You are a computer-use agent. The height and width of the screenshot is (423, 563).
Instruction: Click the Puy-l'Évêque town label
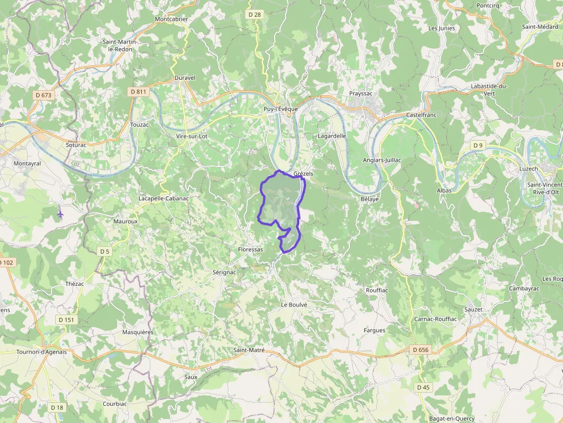281,109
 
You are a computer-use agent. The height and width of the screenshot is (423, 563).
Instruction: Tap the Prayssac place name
362,93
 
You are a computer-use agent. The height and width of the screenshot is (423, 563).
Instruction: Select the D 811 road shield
138,91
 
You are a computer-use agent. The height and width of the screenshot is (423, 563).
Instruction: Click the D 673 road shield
43,95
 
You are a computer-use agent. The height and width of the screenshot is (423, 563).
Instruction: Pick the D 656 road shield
421,350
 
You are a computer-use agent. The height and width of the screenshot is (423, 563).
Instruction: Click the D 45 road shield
423,387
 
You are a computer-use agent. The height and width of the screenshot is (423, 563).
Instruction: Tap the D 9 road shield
478,145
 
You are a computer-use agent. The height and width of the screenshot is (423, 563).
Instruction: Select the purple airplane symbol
61,214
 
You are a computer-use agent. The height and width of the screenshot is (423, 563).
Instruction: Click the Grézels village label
303,173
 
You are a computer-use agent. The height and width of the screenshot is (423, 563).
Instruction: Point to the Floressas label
250,250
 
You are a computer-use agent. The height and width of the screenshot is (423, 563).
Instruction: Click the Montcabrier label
171,19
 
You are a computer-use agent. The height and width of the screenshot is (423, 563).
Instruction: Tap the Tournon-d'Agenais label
41,352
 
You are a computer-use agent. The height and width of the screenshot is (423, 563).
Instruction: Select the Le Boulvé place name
294,305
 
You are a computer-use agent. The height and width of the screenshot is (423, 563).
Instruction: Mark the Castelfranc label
422,115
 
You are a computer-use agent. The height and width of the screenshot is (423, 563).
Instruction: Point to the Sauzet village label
473,309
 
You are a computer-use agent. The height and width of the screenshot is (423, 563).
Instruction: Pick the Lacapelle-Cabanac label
164,199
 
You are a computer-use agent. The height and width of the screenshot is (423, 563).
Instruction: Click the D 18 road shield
56,408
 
